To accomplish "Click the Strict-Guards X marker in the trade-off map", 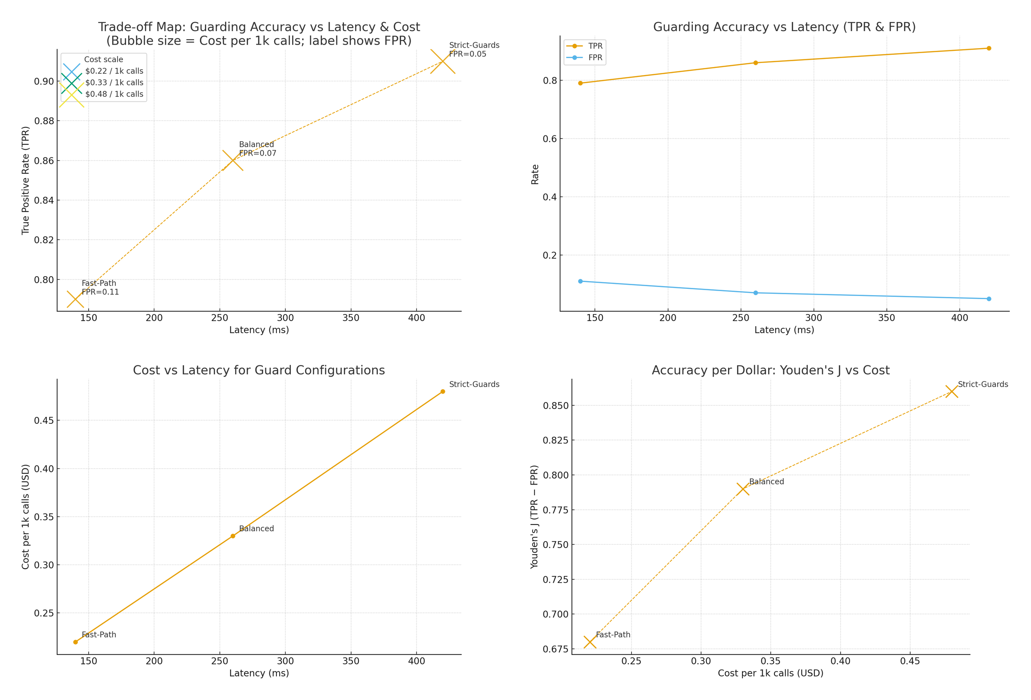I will coord(443,61).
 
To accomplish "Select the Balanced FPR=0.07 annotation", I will coord(258,149).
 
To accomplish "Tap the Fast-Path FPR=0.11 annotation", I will coord(100,287).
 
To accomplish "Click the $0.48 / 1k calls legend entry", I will coord(114,94).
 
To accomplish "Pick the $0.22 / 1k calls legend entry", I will coord(114,71).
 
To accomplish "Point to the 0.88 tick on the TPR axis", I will coord(44,121).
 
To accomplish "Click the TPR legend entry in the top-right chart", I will coord(595,46).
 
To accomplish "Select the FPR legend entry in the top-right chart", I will coord(595,58).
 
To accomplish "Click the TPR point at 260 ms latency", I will coord(755,63).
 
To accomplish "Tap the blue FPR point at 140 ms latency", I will coord(580,281).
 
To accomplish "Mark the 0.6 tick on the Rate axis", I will coord(549,139).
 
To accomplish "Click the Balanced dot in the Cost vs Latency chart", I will coord(233,536).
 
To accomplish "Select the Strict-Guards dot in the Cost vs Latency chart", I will coord(443,391).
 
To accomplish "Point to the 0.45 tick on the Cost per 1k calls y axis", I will coord(44,421).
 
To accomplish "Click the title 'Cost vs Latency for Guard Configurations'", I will coord(259,370).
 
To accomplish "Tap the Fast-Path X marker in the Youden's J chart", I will coord(590,642).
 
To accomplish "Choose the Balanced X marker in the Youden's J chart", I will coord(743,489).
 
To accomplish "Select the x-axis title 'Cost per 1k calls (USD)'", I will coord(770,673).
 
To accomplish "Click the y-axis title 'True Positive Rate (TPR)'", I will coord(25,180).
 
